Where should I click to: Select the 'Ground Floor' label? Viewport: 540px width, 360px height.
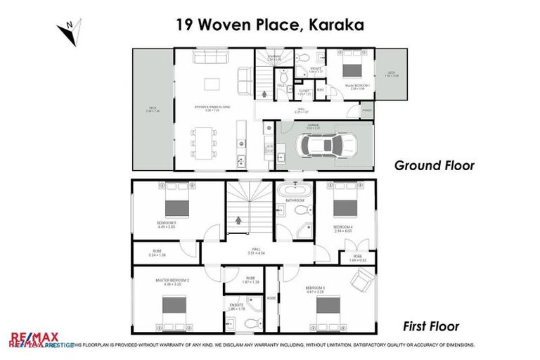point(434,166)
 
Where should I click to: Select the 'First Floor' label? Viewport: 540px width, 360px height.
point(431,326)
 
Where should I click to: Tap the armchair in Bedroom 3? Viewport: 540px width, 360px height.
point(361,281)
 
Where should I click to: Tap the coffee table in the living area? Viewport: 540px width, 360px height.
point(213,84)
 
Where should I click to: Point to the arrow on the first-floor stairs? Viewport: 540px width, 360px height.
point(239,219)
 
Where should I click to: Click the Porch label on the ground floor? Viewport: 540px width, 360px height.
point(366,111)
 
